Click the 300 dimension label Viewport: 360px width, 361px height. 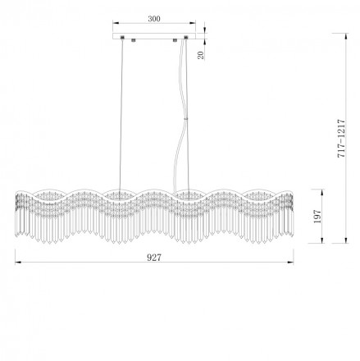[x=154, y=19]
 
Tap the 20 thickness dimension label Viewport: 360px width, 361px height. [x=201, y=55]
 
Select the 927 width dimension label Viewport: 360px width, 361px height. [x=154, y=258]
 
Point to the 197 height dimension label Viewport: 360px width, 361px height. [x=317, y=217]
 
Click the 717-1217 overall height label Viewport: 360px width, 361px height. [x=341, y=138]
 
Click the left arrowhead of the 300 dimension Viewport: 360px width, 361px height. [x=116, y=23]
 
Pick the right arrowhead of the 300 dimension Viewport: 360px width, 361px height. [x=193, y=23]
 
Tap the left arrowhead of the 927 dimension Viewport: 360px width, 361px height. [x=18, y=263]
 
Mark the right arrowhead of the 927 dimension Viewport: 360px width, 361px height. [x=290, y=263]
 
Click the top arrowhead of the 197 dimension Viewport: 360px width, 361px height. [x=322, y=192]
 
